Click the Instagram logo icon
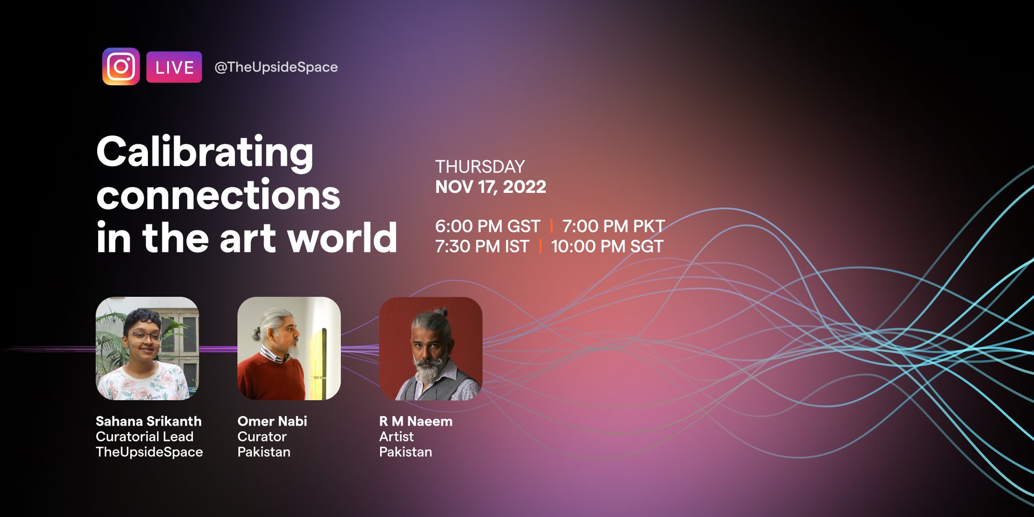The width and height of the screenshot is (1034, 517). click(121, 67)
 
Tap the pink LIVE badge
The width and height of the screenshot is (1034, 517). click(174, 67)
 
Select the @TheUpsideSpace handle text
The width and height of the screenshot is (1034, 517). click(276, 67)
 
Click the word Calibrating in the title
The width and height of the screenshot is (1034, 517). click(205, 153)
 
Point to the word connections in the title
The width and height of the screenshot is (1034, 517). click(218, 195)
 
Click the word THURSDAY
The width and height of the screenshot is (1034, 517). click(480, 166)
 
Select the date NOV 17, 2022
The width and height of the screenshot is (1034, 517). click(491, 187)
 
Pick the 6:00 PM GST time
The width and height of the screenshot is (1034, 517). click(488, 226)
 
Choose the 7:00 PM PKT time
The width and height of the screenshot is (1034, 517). click(614, 226)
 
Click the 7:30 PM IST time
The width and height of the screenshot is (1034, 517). click(482, 246)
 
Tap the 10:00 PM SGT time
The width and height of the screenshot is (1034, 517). click(607, 246)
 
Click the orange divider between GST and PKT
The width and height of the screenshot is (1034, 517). click(551, 226)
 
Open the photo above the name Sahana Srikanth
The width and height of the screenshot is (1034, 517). click(147, 348)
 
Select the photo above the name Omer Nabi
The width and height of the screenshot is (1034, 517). click(289, 348)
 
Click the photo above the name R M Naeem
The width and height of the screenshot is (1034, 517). click(431, 348)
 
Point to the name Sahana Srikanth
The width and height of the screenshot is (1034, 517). click(148, 421)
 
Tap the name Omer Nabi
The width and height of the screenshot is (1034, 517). click(272, 421)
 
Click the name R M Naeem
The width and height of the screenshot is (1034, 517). click(416, 421)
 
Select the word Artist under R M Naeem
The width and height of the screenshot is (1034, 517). click(397, 437)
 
